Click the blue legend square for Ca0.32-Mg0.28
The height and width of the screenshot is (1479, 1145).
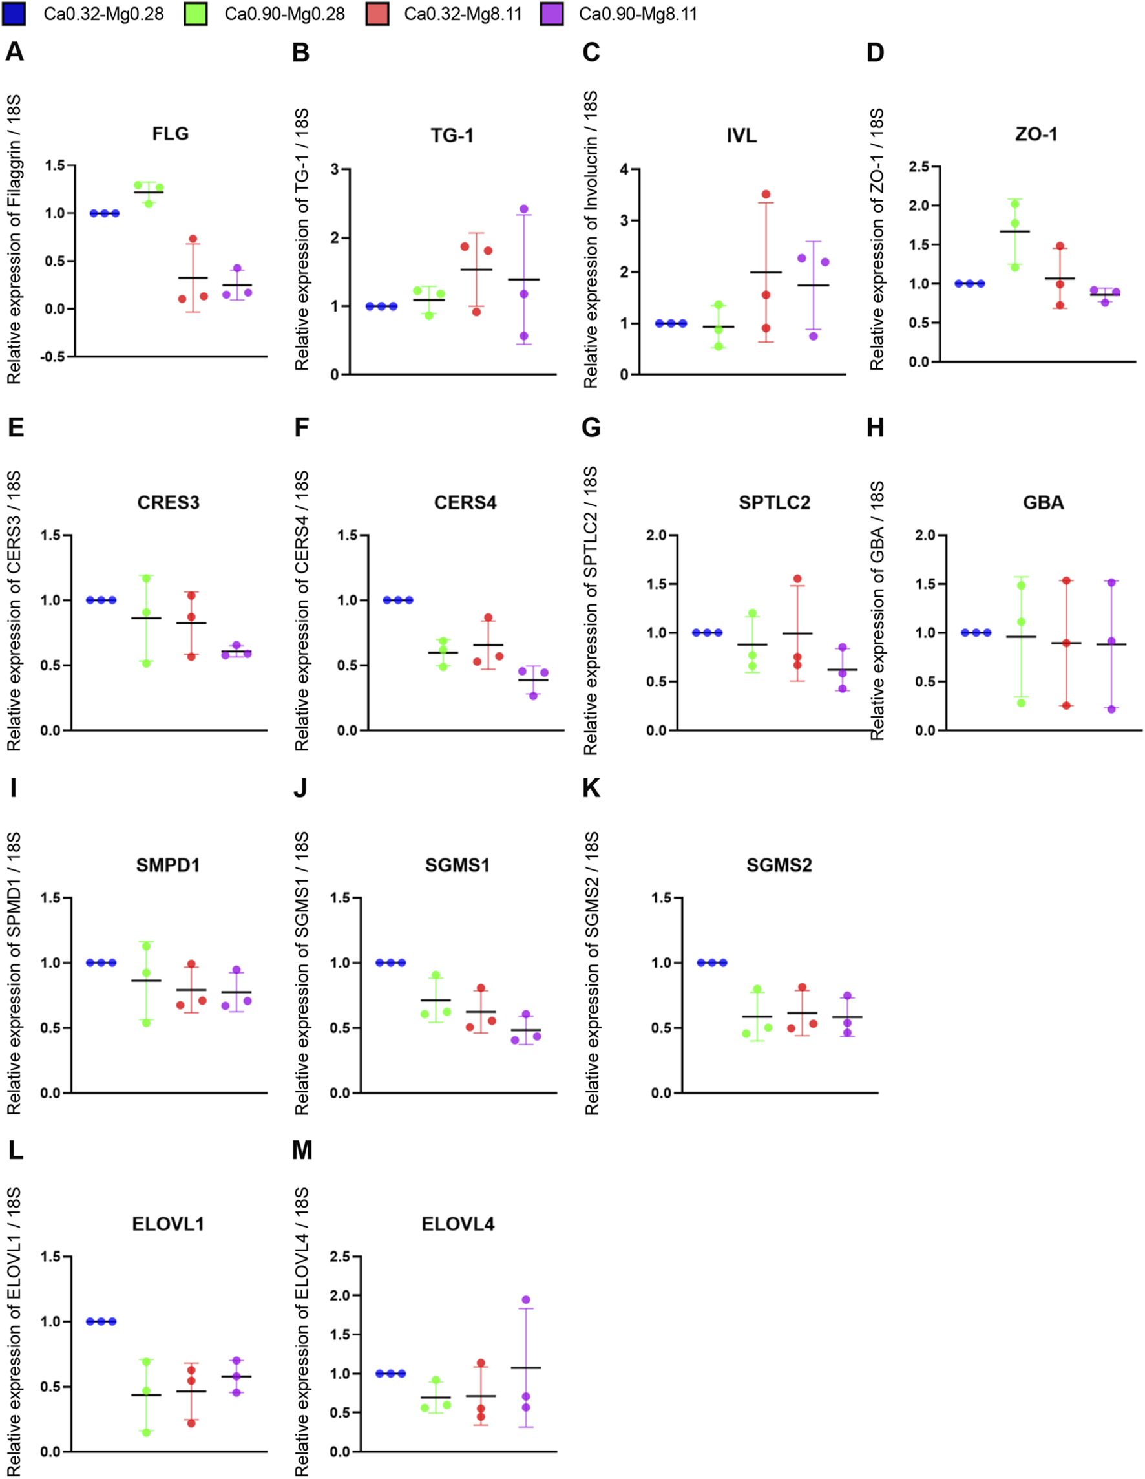[14, 14]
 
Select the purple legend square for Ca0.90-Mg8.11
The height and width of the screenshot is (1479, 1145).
[552, 14]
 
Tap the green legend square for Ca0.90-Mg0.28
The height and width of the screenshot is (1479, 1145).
[195, 14]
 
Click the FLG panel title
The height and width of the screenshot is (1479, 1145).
[170, 133]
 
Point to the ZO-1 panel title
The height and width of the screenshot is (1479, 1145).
[1035, 134]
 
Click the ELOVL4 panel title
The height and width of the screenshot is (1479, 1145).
[457, 1224]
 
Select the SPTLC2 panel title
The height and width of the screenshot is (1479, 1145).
[774, 502]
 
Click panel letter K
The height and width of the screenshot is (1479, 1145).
[591, 788]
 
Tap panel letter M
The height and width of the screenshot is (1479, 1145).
[302, 1150]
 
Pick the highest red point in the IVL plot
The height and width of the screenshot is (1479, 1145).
[766, 195]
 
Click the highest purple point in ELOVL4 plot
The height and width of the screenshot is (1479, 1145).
[526, 1299]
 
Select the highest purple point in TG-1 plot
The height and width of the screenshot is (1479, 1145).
[523, 209]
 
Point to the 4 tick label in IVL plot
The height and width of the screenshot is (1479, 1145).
[624, 169]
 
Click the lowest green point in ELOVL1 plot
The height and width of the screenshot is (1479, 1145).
[146, 1432]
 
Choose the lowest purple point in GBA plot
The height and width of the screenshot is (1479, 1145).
[1111, 709]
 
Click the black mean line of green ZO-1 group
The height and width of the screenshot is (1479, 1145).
[1014, 231]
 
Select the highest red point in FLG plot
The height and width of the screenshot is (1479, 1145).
[193, 239]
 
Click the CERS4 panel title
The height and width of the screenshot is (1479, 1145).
[465, 502]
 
